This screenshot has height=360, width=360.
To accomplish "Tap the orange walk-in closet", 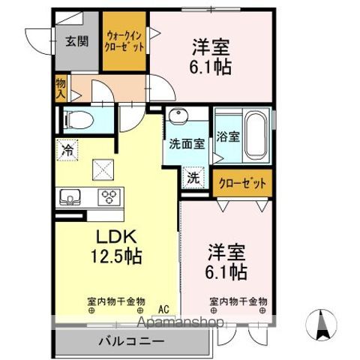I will pyautogui.click(x=124, y=42).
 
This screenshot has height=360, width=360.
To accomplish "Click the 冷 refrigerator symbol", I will pyautogui.click(x=66, y=150).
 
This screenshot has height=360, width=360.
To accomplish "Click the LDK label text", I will pyautogui.click(x=114, y=235).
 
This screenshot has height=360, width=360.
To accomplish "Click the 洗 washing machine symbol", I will pyautogui.click(x=193, y=178).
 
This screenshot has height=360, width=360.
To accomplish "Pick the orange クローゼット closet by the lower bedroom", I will pyautogui.click(x=242, y=184).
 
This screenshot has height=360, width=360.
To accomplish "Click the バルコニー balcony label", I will pyautogui.click(x=130, y=341).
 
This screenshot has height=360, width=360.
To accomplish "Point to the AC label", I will pyautogui.click(x=163, y=307).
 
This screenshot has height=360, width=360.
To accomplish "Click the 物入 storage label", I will pyautogui.click(x=61, y=89).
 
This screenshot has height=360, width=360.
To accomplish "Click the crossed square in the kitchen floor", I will pyautogui.click(x=100, y=170).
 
